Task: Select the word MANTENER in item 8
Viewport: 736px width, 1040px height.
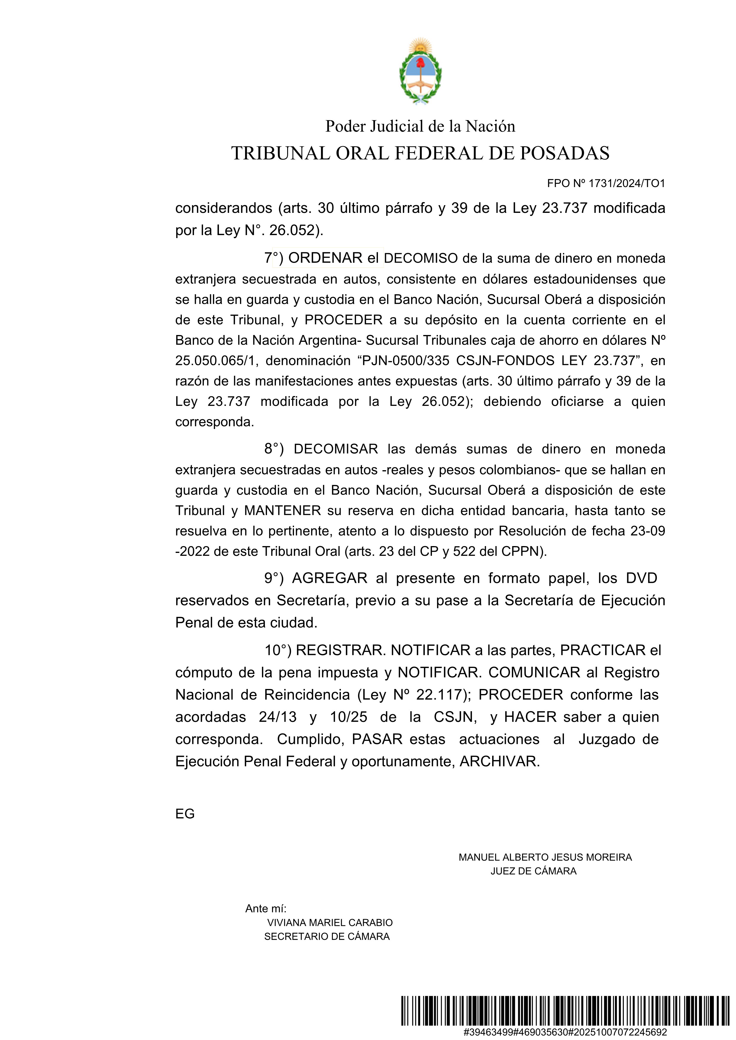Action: pos(282,511)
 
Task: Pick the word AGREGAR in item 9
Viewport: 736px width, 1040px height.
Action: pos(330,578)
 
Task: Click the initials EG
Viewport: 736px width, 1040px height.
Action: pos(185,814)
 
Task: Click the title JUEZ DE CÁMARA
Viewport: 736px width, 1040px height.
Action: pos(533,871)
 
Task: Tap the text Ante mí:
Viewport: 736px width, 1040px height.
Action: pos(266,909)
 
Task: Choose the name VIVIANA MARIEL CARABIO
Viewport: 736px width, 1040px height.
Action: pos(330,923)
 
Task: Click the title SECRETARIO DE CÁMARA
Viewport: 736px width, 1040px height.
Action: pos(327,936)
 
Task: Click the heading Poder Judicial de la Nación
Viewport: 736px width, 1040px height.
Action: pos(420,126)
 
